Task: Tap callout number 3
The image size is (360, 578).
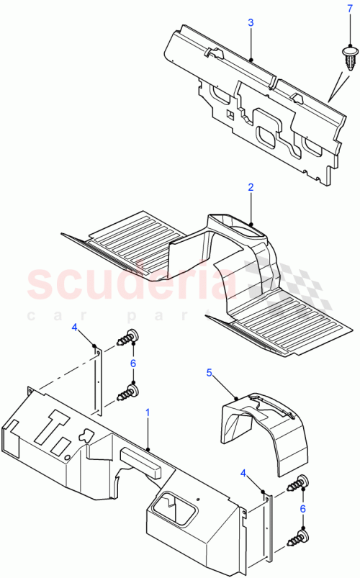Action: pos(251,23)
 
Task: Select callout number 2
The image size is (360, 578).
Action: pos(251,187)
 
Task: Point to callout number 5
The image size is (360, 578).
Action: pos(210,372)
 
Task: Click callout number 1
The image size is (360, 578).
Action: pos(148,413)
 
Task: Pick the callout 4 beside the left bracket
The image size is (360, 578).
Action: pos(74,328)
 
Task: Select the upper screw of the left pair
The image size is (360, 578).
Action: pos(127,337)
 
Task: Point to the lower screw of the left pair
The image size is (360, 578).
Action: pos(126,392)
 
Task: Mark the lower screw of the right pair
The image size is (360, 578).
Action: pos(298,536)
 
